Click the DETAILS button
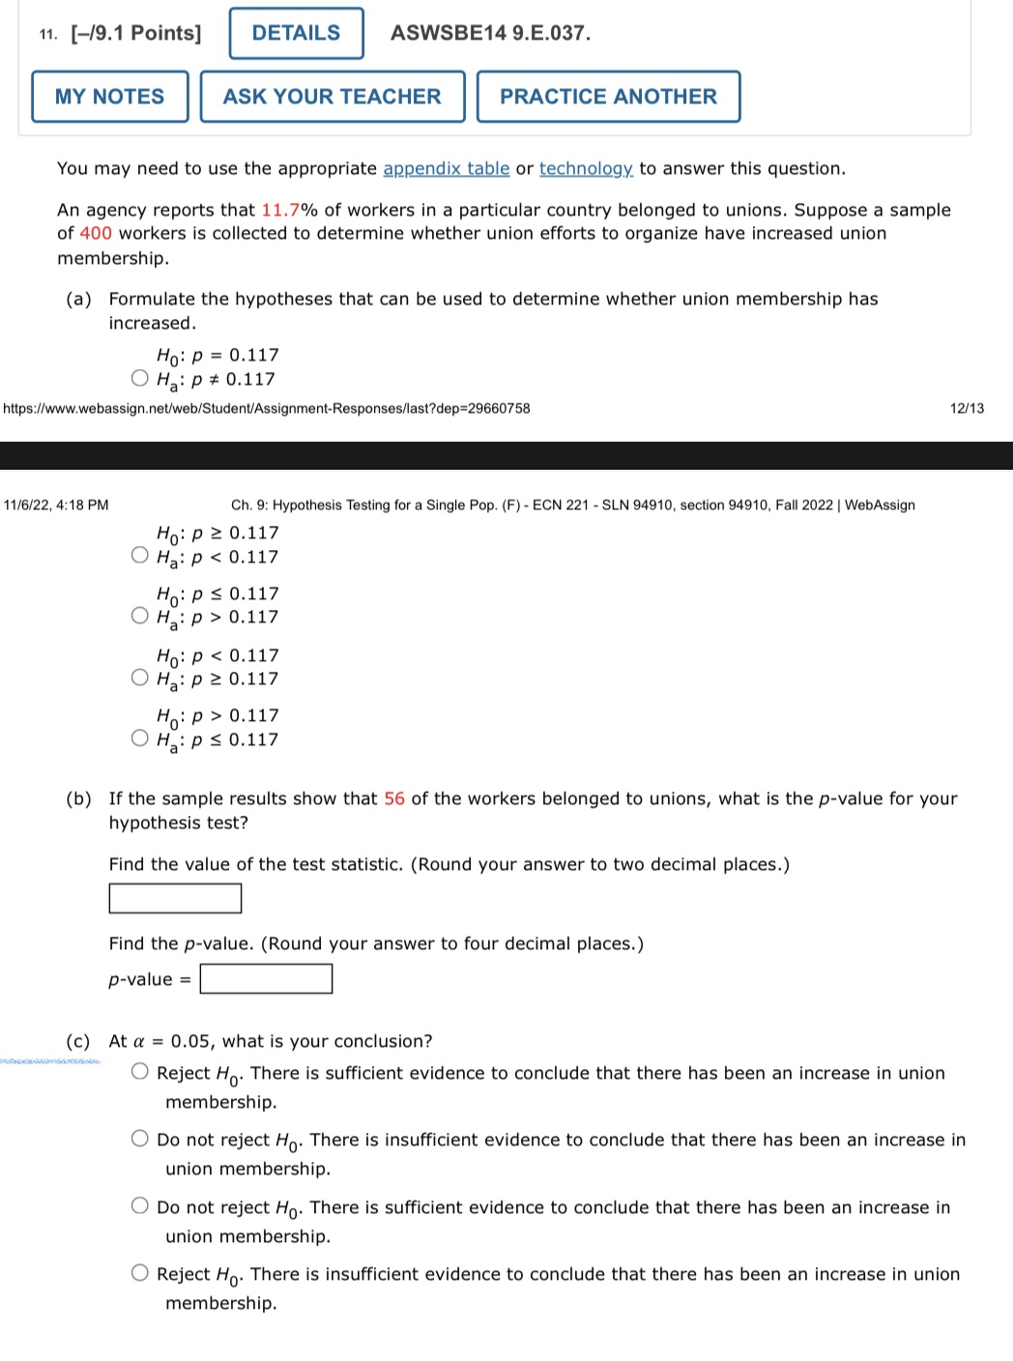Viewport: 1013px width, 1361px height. click(x=296, y=34)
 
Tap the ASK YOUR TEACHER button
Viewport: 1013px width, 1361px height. click(x=332, y=97)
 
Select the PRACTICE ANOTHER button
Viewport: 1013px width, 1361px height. click(x=608, y=97)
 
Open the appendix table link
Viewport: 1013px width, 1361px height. click(x=446, y=169)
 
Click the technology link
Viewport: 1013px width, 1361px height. click(x=586, y=169)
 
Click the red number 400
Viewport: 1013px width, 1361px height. click(x=96, y=234)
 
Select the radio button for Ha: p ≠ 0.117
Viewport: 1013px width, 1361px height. click(x=140, y=378)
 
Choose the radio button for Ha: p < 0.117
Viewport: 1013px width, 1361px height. click(x=140, y=555)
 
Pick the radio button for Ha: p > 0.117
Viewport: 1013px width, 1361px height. click(x=140, y=616)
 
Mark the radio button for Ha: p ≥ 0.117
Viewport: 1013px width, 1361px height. click(x=140, y=678)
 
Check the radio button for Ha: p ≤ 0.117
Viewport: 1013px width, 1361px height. click(x=140, y=738)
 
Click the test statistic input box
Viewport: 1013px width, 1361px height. click(x=175, y=898)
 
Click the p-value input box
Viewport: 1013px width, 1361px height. click(x=266, y=979)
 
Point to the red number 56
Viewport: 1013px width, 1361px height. click(x=394, y=799)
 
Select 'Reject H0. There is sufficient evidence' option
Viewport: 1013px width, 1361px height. click(x=140, y=1071)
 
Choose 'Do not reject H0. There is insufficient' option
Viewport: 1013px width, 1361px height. click(x=140, y=1139)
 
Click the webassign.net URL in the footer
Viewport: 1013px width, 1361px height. click(x=267, y=409)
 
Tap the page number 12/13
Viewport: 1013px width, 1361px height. click(x=967, y=409)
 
